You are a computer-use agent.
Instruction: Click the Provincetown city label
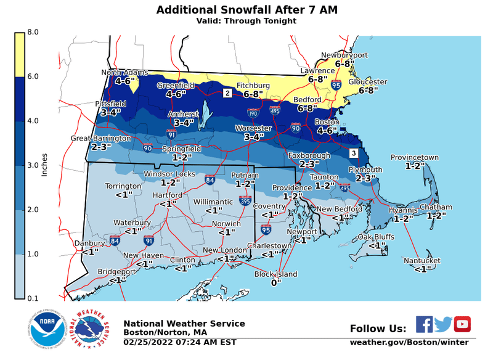pos(414,158)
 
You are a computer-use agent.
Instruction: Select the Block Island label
pos(276,274)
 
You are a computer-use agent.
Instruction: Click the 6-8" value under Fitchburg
pos(253,94)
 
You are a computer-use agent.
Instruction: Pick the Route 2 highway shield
pos(227,93)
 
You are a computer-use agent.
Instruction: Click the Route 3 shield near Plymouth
pos(353,153)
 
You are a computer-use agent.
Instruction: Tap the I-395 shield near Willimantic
pos(245,200)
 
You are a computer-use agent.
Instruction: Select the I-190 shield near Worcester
pos(253,113)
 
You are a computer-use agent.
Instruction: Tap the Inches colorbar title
pos(44,165)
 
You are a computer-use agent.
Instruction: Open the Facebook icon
pos(424,324)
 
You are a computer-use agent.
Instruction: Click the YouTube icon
pos(462,324)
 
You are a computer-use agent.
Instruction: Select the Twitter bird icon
pos(443,324)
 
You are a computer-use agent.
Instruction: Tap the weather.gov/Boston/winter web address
pos(409,342)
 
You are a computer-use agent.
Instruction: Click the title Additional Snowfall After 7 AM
pos(246,10)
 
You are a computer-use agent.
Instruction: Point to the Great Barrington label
pos(101,139)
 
